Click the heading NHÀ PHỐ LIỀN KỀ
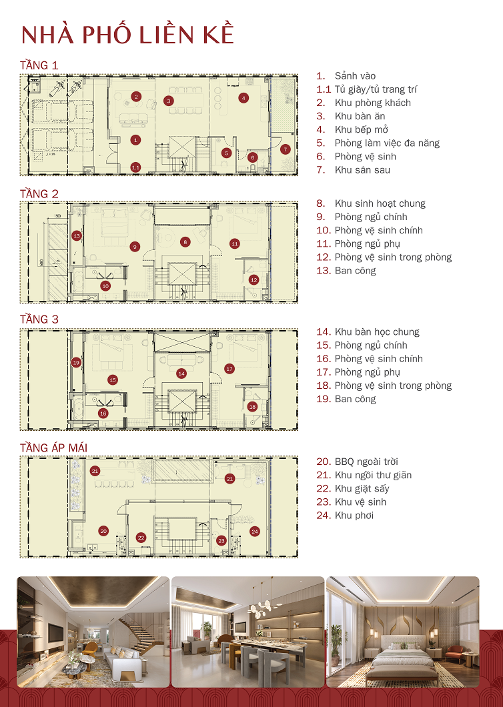coord(127,35)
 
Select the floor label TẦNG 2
coord(39,193)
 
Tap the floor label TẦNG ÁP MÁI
coord(53,447)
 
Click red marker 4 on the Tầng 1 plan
coord(244,98)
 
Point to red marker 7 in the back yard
coord(285,149)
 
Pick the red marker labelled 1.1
coord(135,167)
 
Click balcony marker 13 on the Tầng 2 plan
coord(77,235)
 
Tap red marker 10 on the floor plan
coord(105,285)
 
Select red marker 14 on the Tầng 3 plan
coord(181,374)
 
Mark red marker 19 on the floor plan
coord(77,362)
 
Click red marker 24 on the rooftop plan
coord(254,532)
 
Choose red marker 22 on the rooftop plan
coord(141,537)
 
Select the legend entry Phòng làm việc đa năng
coord(387,143)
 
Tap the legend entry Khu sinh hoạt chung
coord(380,203)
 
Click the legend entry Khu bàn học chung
coord(377,331)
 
